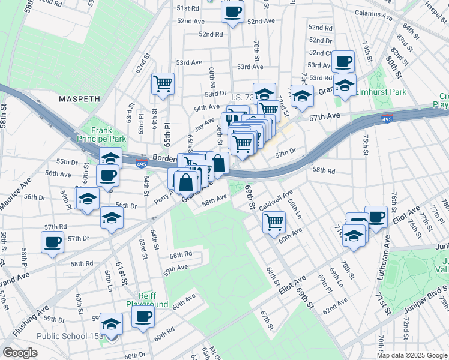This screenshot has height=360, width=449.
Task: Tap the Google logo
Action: click(x=20, y=353)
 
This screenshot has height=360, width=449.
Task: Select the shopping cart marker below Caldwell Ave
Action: click(x=274, y=221)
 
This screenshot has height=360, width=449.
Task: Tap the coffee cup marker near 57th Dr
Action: click(x=53, y=242)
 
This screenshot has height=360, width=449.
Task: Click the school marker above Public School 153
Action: click(x=111, y=324)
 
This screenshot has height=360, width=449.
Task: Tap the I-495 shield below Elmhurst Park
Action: click(x=388, y=118)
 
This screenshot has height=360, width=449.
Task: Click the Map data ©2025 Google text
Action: click(x=412, y=355)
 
